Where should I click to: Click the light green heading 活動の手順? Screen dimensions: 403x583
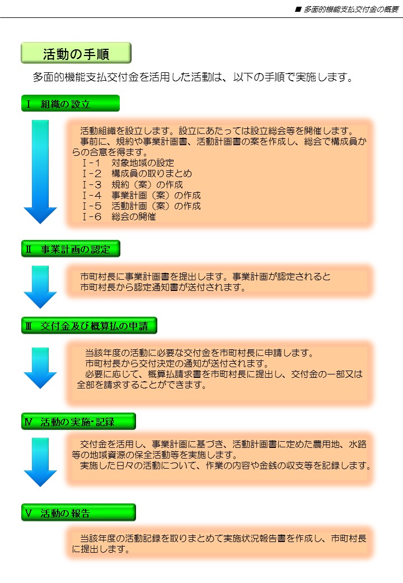tap(76, 53)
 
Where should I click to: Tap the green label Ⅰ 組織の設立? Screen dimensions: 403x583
tap(71, 103)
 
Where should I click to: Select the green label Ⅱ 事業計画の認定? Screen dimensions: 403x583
tap(71, 249)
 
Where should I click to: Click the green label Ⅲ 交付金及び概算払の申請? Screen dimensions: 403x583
tap(89, 326)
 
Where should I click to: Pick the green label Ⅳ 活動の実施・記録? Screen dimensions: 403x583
tap(78, 421)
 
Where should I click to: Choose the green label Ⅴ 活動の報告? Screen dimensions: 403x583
tap(78, 513)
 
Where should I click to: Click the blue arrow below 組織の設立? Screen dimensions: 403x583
tap(40, 172)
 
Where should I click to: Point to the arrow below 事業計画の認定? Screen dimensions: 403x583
tap(40, 286)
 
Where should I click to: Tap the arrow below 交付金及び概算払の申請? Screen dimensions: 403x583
tap(40, 368)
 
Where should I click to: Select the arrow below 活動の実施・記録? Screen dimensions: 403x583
tap(40, 462)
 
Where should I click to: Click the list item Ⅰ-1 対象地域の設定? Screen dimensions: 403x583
tap(128, 163)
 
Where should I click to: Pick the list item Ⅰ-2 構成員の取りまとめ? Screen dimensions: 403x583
tap(137, 174)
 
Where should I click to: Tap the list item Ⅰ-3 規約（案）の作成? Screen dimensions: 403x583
tap(133, 184)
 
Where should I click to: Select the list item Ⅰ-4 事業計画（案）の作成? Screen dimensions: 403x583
tap(142, 195)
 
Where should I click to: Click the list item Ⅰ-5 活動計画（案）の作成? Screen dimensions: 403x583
tap(142, 206)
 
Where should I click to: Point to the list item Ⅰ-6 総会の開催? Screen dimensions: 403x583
tap(119, 217)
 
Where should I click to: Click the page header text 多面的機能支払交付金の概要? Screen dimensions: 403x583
tap(351, 10)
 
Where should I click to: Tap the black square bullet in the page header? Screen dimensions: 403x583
tap(298, 10)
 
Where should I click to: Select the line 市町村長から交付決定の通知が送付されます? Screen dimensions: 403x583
tap(177, 363)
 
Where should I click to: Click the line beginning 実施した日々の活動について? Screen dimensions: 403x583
tap(226, 465)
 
